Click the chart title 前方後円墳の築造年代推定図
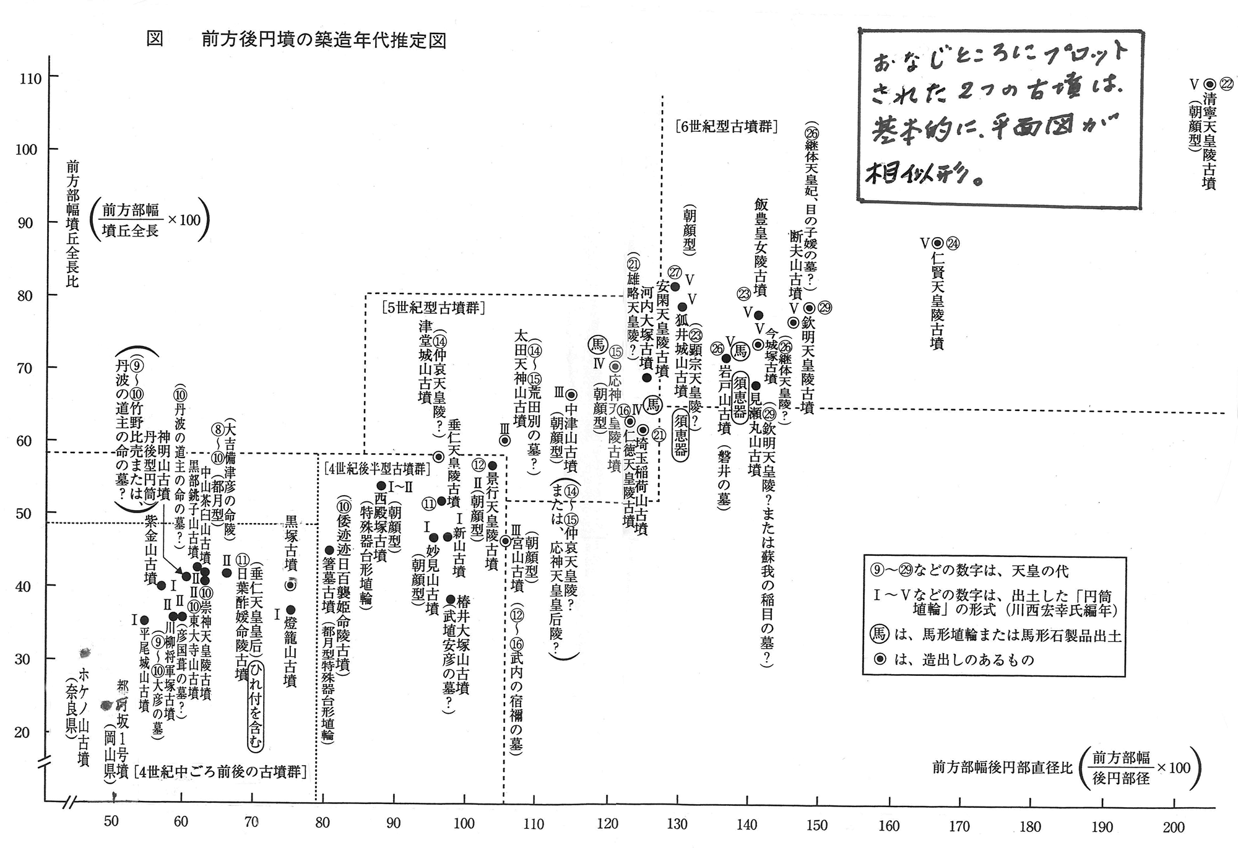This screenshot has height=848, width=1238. (x=323, y=40)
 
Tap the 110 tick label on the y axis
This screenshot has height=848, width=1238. (x=30, y=78)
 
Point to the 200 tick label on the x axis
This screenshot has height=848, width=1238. (x=1174, y=827)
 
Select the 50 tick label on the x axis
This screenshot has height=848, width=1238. (x=111, y=821)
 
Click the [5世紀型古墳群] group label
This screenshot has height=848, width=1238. (x=433, y=308)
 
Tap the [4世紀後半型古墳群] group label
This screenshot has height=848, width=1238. (x=376, y=469)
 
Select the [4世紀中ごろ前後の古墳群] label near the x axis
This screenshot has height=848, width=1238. (x=220, y=772)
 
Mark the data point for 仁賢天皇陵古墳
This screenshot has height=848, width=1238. (x=937, y=243)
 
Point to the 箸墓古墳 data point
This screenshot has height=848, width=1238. (x=329, y=550)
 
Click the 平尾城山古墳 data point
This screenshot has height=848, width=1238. (x=144, y=620)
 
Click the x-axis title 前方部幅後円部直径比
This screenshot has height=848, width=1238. (x=1002, y=768)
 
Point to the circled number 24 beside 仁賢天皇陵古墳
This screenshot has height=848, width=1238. (x=953, y=243)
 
